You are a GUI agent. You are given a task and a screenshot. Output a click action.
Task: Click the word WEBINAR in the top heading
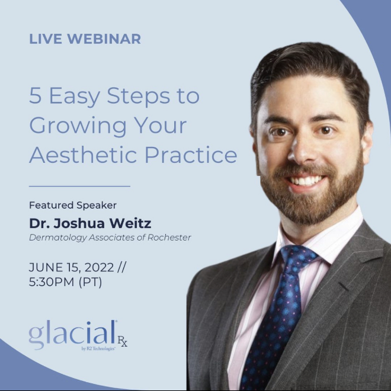(x=104, y=39)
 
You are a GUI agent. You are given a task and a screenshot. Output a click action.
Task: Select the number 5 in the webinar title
(x=35, y=95)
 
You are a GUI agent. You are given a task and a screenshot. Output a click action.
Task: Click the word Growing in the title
(x=78, y=127)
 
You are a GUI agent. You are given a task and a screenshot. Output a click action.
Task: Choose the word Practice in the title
(x=191, y=155)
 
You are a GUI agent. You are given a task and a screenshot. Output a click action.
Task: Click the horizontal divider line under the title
(x=79, y=186)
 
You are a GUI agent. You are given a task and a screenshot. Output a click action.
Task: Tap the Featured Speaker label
(x=73, y=205)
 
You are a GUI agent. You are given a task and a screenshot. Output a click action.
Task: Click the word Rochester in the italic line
(x=169, y=238)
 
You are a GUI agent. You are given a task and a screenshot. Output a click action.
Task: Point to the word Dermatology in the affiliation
(x=58, y=238)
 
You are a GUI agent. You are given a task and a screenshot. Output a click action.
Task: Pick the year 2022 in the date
(x=100, y=268)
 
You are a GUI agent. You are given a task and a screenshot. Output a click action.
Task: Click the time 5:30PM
(x=52, y=282)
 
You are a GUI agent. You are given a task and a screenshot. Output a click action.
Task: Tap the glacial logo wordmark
(x=72, y=334)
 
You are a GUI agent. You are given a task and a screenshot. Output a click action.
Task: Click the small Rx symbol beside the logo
(x=123, y=341)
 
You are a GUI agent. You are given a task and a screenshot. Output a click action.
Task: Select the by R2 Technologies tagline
(x=98, y=348)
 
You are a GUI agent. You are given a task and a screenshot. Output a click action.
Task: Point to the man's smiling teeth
(x=306, y=181)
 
